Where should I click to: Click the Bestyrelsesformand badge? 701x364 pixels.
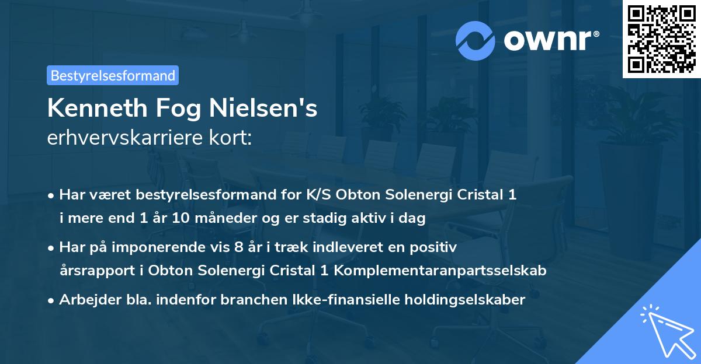pyautogui.click(x=113, y=75)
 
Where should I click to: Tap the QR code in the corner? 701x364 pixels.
pyautogui.click(x=662, y=38)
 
